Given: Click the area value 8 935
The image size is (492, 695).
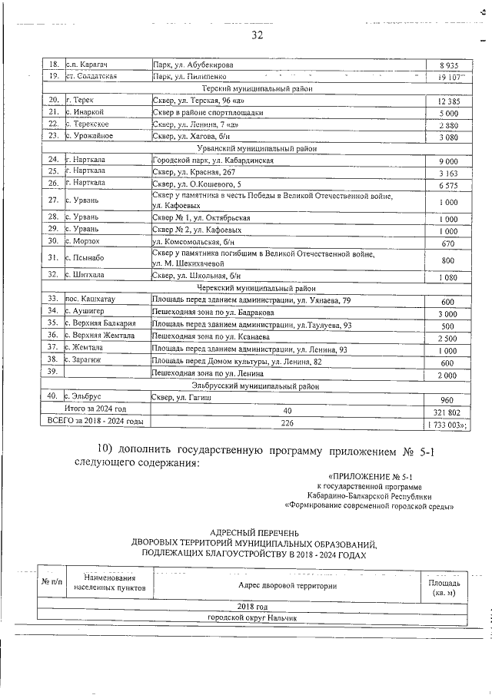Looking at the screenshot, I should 448,66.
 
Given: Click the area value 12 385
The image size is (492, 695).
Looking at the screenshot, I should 448,101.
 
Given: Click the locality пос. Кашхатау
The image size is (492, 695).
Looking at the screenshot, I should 90,299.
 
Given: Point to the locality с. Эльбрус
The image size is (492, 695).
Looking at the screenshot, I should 85,396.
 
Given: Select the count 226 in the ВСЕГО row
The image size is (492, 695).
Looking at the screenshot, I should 288,422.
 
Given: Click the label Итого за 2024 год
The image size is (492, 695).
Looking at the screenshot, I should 95,410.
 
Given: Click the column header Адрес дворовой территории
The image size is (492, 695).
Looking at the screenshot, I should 288,585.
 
